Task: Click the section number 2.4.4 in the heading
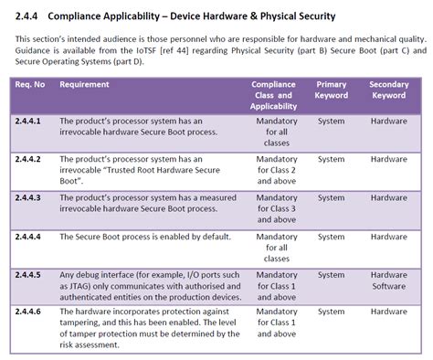(x=28, y=16)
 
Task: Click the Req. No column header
(x=31, y=84)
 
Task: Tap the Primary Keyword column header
(x=331, y=89)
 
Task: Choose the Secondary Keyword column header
(x=388, y=89)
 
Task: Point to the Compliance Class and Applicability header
(x=273, y=94)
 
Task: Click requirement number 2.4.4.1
(x=30, y=121)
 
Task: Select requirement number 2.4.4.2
(x=30, y=159)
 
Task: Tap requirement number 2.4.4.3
(x=30, y=197)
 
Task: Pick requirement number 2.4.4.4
(x=30, y=236)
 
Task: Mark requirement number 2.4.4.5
(x=30, y=274)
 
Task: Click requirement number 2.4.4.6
(x=30, y=312)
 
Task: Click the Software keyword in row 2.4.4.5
(x=388, y=286)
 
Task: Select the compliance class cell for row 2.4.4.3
(x=273, y=209)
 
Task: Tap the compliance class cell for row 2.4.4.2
(x=273, y=171)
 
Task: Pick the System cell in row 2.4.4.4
(x=331, y=236)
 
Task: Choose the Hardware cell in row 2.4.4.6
(x=388, y=312)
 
